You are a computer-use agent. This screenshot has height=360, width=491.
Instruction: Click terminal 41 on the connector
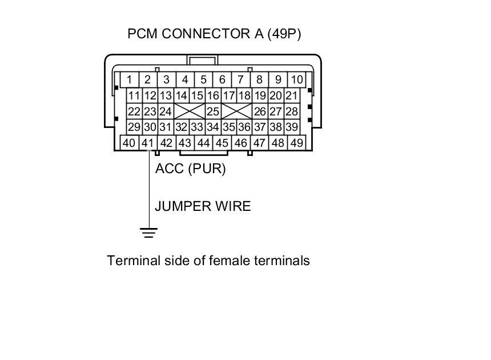tap(147, 143)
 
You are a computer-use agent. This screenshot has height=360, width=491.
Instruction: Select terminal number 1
tap(130, 79)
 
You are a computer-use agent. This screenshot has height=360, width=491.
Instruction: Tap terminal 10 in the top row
tap(296, 79)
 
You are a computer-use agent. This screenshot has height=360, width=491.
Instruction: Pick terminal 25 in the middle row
tap(213, 111)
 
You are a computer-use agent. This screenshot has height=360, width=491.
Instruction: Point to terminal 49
tap(296, 143)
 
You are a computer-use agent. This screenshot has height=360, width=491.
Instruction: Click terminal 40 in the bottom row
tap(129, 143)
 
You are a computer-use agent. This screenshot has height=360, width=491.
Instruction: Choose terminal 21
tap(291, 95)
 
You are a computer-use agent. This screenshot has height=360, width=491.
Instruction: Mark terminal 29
tap(134, 127)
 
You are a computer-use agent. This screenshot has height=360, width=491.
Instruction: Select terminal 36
tap(244, 127)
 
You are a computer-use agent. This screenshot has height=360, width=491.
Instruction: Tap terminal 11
tap(134, 95)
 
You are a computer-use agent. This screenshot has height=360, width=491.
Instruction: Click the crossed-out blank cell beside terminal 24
tap(190, 111)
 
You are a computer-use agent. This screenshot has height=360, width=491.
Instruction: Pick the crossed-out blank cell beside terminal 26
tap(236, 111)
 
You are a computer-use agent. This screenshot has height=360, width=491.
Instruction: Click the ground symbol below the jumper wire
tap(149, 233)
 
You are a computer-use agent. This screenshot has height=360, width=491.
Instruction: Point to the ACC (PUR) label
tap(191, 169)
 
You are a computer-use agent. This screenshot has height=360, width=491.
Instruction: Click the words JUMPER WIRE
tap(203, 206)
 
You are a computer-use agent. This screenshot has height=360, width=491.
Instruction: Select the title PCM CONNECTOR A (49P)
tap(214, 34)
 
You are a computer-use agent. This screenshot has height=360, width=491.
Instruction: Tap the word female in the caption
tap(228, 261)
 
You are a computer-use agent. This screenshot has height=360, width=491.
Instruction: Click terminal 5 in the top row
tap(203, 79)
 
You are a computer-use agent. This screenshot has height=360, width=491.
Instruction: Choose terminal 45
tap(222, 143)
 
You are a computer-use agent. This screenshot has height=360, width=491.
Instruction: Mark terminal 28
tap(291, 111)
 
